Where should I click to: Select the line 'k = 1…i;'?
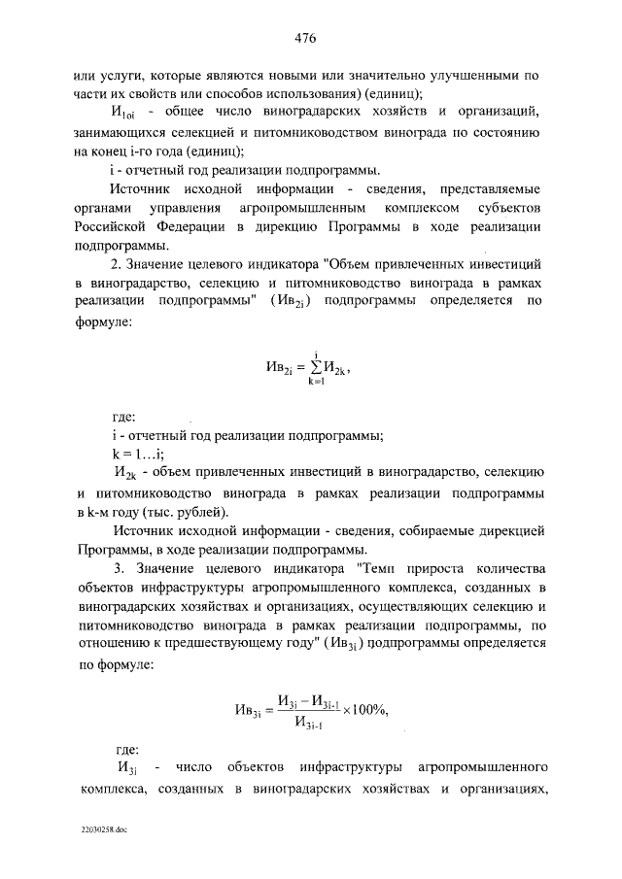coord(136,453)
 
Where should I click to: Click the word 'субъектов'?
coord(495,207)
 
